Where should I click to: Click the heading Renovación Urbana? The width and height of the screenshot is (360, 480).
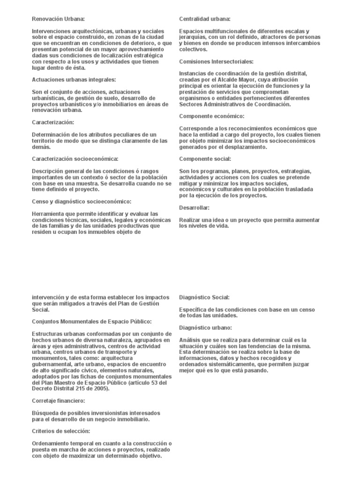pos(58,19)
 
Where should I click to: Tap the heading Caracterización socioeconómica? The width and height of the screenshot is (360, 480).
pos(75,159)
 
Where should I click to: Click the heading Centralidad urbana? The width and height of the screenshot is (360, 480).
pos(205,19)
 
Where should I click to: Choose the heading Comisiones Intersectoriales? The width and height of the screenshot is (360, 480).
pos(216,61)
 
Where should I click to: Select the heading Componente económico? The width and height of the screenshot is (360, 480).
pos(212,116)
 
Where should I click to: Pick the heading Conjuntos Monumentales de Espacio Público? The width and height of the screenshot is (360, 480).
pos(92,322)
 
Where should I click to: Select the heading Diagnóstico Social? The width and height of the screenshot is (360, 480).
pos(204,297)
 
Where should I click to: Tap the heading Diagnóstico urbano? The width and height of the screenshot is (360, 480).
pos(205,328)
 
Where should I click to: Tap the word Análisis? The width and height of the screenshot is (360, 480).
pos(190,340)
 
